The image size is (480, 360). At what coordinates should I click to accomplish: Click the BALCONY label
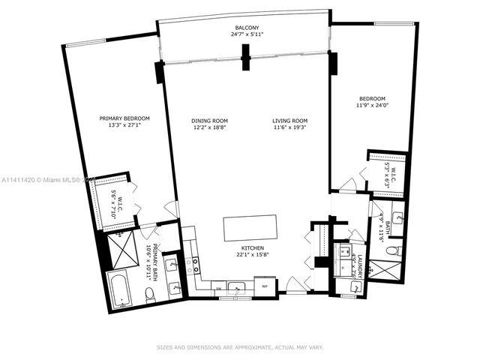[x=242, y=26]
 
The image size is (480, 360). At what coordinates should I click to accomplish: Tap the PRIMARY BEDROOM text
[x=125, y=118]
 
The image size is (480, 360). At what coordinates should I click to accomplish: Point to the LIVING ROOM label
[x=290, y=121]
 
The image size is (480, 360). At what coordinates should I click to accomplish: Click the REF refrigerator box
[x=265, y=286]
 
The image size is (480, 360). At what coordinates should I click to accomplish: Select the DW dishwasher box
[x=217, y=287]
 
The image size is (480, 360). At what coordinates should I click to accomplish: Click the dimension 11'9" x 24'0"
[x=372, y=105]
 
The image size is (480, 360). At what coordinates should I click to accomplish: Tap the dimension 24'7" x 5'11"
[x=242, y=34]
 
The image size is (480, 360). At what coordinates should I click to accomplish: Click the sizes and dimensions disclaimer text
[x=240, y=347]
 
